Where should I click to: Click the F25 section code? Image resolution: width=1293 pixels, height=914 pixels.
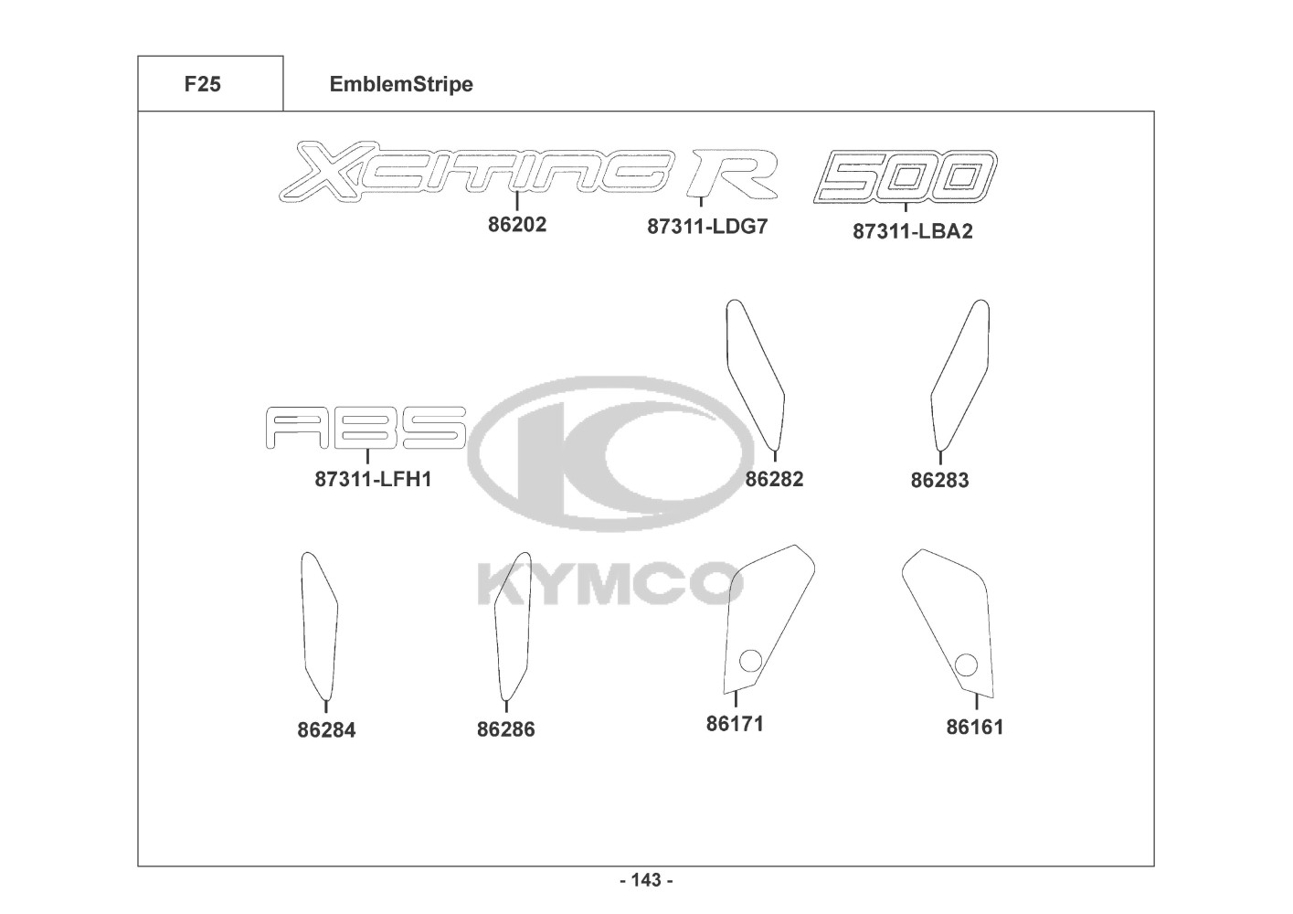click(x=202, y=84)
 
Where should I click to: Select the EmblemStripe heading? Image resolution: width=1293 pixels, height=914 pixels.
click(x=401, y=84)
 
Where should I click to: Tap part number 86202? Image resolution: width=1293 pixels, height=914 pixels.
click(x=517, y=224)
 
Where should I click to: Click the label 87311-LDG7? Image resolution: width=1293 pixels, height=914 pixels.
click(x=707, y=227)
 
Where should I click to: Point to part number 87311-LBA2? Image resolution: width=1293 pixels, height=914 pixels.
click(x=912, y=231)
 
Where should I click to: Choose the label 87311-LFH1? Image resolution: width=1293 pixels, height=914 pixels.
click(x=373, y=478)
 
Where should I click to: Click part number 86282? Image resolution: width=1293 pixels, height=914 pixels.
click(x=774, y=478)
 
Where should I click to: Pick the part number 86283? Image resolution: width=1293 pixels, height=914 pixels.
click(x=939, y=480)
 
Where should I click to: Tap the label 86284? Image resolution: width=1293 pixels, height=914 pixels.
click(x=326, y=730)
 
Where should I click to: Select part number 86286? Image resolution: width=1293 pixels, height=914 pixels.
click(x=505, y=729)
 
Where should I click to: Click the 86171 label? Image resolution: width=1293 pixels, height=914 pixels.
click(x=735, y=723)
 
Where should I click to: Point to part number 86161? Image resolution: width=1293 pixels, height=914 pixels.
click(x=974, y=727)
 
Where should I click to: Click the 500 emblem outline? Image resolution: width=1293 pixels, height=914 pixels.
click(x=905, y=175)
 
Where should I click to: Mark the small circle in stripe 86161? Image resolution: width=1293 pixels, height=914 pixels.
click(x=965, y=664)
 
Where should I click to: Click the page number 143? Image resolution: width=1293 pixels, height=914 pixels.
click(x=646, y=880)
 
